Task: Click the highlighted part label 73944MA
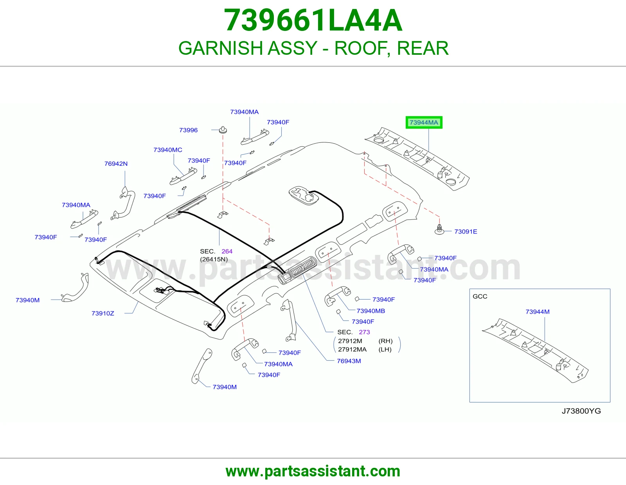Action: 424,122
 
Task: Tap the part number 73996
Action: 189,130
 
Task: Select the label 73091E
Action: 466,232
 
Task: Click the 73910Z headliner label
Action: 103,313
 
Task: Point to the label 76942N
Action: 116,163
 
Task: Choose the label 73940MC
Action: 168,150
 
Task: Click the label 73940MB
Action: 371,311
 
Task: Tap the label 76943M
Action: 349,361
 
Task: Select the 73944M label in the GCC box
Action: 538,312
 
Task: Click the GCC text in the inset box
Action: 480,296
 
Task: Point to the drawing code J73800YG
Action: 581,411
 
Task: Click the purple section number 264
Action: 227,251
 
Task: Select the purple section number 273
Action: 364,332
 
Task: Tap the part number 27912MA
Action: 353,349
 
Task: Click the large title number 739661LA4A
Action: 313,20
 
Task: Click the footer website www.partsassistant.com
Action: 313,471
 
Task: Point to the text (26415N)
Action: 214,259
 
